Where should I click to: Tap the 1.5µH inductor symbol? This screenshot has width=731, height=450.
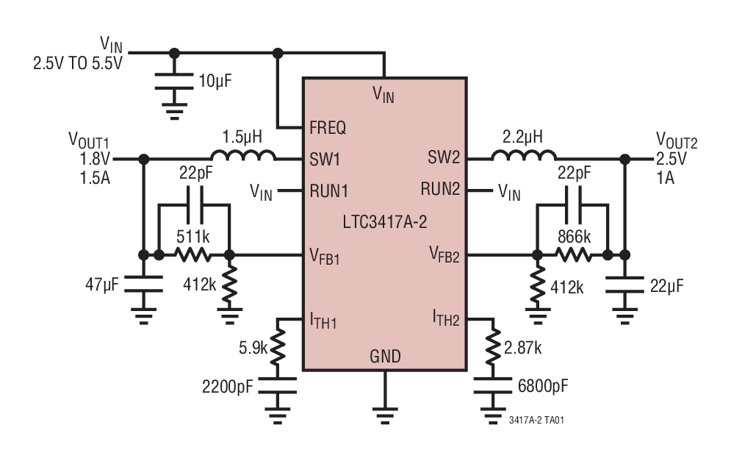(243, 156)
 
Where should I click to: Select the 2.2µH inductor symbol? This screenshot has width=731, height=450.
(524, 156)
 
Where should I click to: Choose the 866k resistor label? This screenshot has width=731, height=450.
(573, 238)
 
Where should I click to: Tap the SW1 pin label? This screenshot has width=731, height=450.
(324, 158)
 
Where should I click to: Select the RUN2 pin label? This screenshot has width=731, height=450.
(440, 189)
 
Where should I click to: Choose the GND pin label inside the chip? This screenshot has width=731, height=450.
(384, 357)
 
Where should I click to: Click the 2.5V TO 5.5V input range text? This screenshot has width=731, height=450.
(77, 63)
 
